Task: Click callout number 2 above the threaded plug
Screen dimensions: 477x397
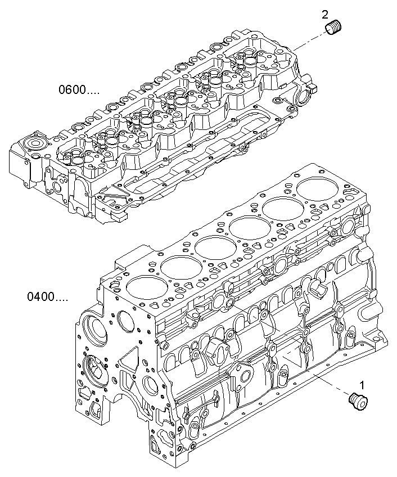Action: [325, 13]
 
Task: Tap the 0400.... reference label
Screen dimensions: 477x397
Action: [47, 295]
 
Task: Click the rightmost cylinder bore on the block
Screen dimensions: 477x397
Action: [315, 189]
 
